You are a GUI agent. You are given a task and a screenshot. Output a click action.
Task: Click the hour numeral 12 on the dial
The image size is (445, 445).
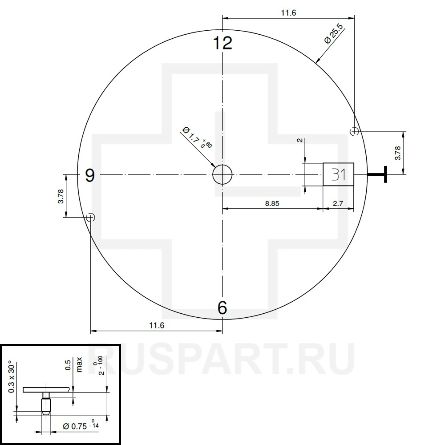[223, 43]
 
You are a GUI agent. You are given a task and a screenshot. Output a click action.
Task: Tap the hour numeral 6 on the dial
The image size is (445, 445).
[222, 307]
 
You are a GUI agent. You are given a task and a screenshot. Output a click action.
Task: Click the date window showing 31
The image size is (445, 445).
[338, 174]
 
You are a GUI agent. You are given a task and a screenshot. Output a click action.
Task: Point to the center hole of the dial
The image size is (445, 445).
[222, 174]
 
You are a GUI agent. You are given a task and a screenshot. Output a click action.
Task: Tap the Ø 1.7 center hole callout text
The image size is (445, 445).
[197, 138]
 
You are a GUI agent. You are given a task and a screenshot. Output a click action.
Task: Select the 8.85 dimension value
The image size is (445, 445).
[272, 203]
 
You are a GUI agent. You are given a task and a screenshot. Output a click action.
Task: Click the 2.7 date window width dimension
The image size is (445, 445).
[338, 203]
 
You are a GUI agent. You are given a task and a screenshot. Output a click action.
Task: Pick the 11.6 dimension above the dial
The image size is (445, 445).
[288, 13]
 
